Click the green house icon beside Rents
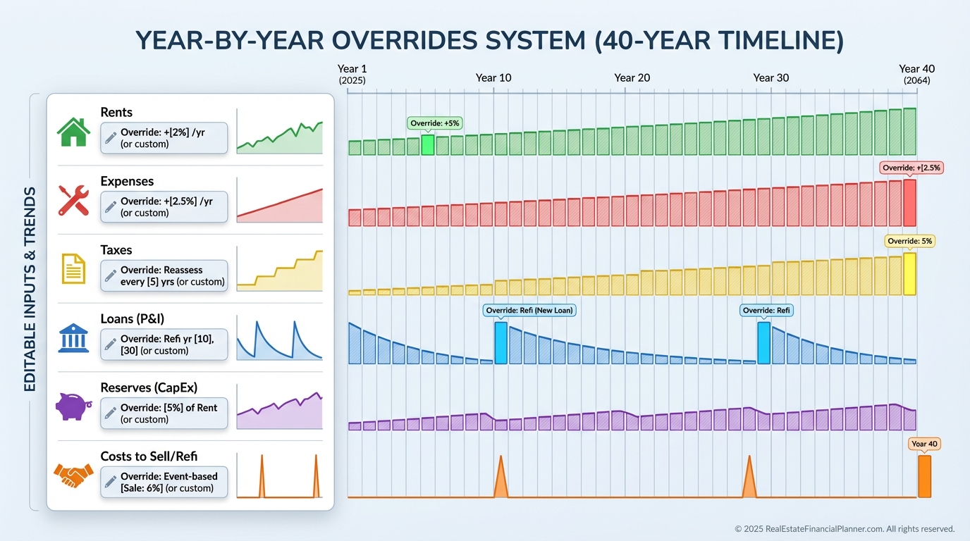[x=73, y=132]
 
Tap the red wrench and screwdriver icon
[x=73, y=200]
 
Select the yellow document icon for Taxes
[x=73, y=269]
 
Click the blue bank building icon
[x=73, y=337]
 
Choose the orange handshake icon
[x=73, y=475]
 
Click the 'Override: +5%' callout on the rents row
[x=435, y=123]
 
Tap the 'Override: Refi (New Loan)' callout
[x=529, y=310]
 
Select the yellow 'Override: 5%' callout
[x=909, y=241]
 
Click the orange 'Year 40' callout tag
[x=924, y=444]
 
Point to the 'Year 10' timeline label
[x=493, y=78]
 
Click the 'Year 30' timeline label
[x=771, y=78]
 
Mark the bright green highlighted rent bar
[x=428, y=145]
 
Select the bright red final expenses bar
[x=909, y=203]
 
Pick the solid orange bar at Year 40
[x=924, y=476]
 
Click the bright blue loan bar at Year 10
[x=501, y=343]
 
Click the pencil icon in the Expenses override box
[x=111, y=206]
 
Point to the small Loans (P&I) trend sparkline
[x=280, y=338]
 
